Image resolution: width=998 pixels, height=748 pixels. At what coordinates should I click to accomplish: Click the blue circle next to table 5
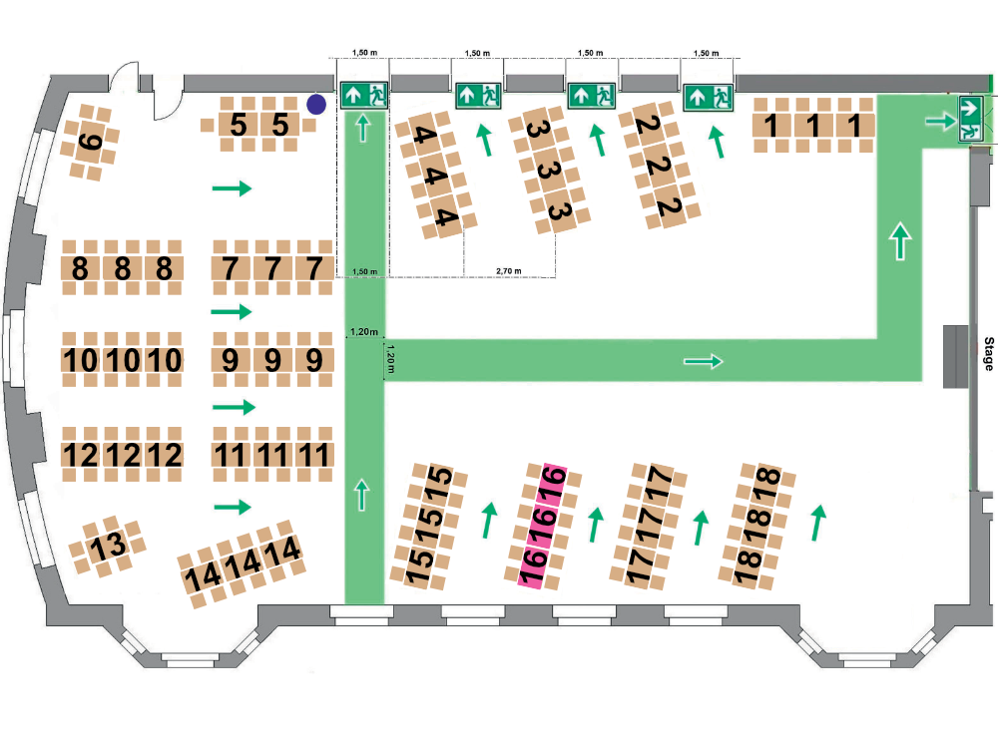316,105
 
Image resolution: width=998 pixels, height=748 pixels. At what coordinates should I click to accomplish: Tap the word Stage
988,354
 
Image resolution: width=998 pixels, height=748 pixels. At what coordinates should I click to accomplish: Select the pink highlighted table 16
542,526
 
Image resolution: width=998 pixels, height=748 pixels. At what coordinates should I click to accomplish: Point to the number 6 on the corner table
90,142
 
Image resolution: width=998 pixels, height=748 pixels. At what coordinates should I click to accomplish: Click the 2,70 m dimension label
509,271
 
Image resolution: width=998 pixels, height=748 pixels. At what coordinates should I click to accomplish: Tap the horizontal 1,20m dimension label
364,332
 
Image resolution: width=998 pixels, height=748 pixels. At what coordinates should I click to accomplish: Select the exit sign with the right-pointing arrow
971,119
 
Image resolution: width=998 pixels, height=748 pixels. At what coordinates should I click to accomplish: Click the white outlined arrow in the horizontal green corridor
703,361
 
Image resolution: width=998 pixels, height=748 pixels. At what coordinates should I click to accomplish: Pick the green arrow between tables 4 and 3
485,140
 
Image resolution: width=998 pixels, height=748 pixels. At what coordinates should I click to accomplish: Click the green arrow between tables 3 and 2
598,140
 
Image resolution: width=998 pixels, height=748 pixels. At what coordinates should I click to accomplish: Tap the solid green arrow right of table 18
818,523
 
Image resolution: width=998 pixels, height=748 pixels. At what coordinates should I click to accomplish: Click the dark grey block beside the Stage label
955,356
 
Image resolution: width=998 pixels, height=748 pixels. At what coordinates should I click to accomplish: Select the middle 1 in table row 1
812,126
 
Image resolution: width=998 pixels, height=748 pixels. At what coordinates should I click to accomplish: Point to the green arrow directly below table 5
232,188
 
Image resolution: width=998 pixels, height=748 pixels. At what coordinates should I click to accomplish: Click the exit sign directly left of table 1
709,98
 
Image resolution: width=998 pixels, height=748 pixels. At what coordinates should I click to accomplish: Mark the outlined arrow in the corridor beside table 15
361,496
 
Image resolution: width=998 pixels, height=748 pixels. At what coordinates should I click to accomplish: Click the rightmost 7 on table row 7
313,268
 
